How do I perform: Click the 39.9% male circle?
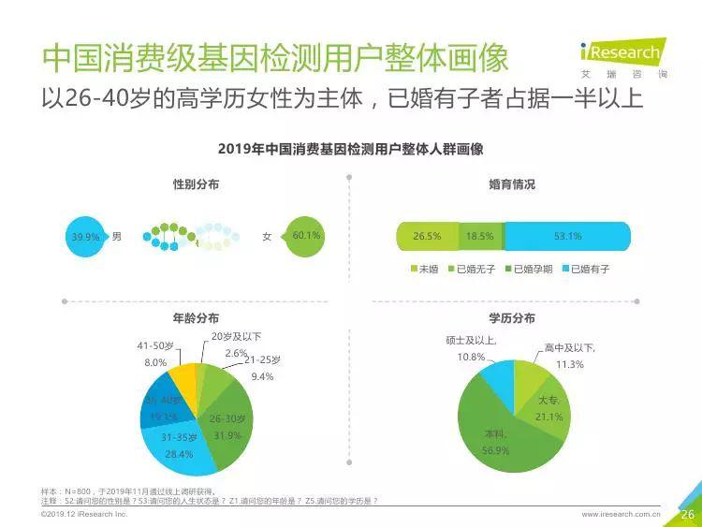85,237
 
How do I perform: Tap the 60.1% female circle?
306,236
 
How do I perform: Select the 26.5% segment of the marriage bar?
427,237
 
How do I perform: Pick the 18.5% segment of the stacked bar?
480,237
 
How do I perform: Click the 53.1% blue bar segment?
567,237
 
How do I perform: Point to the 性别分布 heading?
196,184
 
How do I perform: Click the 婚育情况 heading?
512,184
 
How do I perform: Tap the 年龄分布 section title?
196,318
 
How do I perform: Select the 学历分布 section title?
512,318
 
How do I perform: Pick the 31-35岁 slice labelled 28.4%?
177,445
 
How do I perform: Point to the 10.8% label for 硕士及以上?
471,357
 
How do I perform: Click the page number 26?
687,513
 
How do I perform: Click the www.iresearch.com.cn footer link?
621,514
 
